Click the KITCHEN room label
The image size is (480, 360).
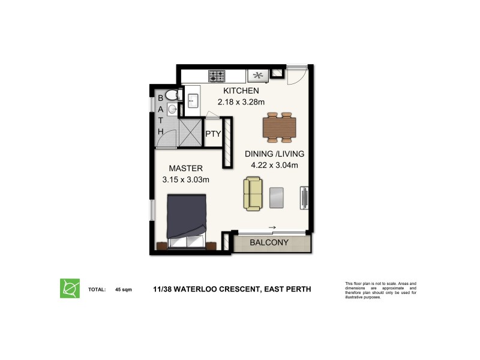click(241, 91)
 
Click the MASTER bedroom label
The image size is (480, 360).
click(185, 168)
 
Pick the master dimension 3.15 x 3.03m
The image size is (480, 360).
click(185, 179)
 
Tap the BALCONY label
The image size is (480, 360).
click(270, 243)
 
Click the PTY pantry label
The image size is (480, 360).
click(213, 133)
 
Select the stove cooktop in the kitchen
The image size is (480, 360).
click(216, 76)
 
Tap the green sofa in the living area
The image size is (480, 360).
click(253, 193)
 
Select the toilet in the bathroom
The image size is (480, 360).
click(171, 95)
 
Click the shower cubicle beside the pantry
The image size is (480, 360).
click(190, 131)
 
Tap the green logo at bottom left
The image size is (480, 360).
click(69, 288)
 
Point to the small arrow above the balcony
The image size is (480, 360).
click(272, 227)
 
